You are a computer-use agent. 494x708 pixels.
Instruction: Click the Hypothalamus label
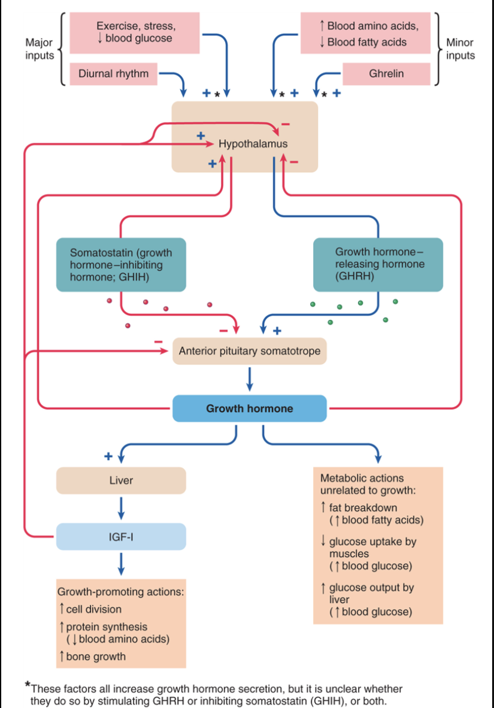tap(253, 143)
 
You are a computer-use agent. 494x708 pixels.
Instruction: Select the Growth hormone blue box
tap(249, 408)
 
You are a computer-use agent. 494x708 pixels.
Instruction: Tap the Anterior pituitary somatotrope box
tap(249, 351)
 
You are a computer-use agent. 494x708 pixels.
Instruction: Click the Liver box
tap(121, 480)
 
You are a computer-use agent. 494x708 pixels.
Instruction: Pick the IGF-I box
tap(121, 537)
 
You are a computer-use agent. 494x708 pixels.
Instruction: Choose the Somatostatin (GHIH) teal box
tap(121, 264)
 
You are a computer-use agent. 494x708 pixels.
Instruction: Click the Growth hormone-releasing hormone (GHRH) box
tap(378, 264)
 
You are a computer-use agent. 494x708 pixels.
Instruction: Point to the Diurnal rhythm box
tap(113, 74)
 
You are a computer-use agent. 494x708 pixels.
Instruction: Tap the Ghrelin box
tap(386, 74)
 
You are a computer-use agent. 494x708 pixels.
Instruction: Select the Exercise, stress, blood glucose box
tap(135, 32)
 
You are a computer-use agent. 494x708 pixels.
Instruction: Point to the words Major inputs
tap(39, 49)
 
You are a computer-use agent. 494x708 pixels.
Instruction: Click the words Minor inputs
tap(460, 49)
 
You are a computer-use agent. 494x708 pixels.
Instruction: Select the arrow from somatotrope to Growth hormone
tap(249, 379)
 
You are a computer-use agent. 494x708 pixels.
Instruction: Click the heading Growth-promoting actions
tap(121, 592)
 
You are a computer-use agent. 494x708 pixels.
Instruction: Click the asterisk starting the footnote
tap(28, 685)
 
